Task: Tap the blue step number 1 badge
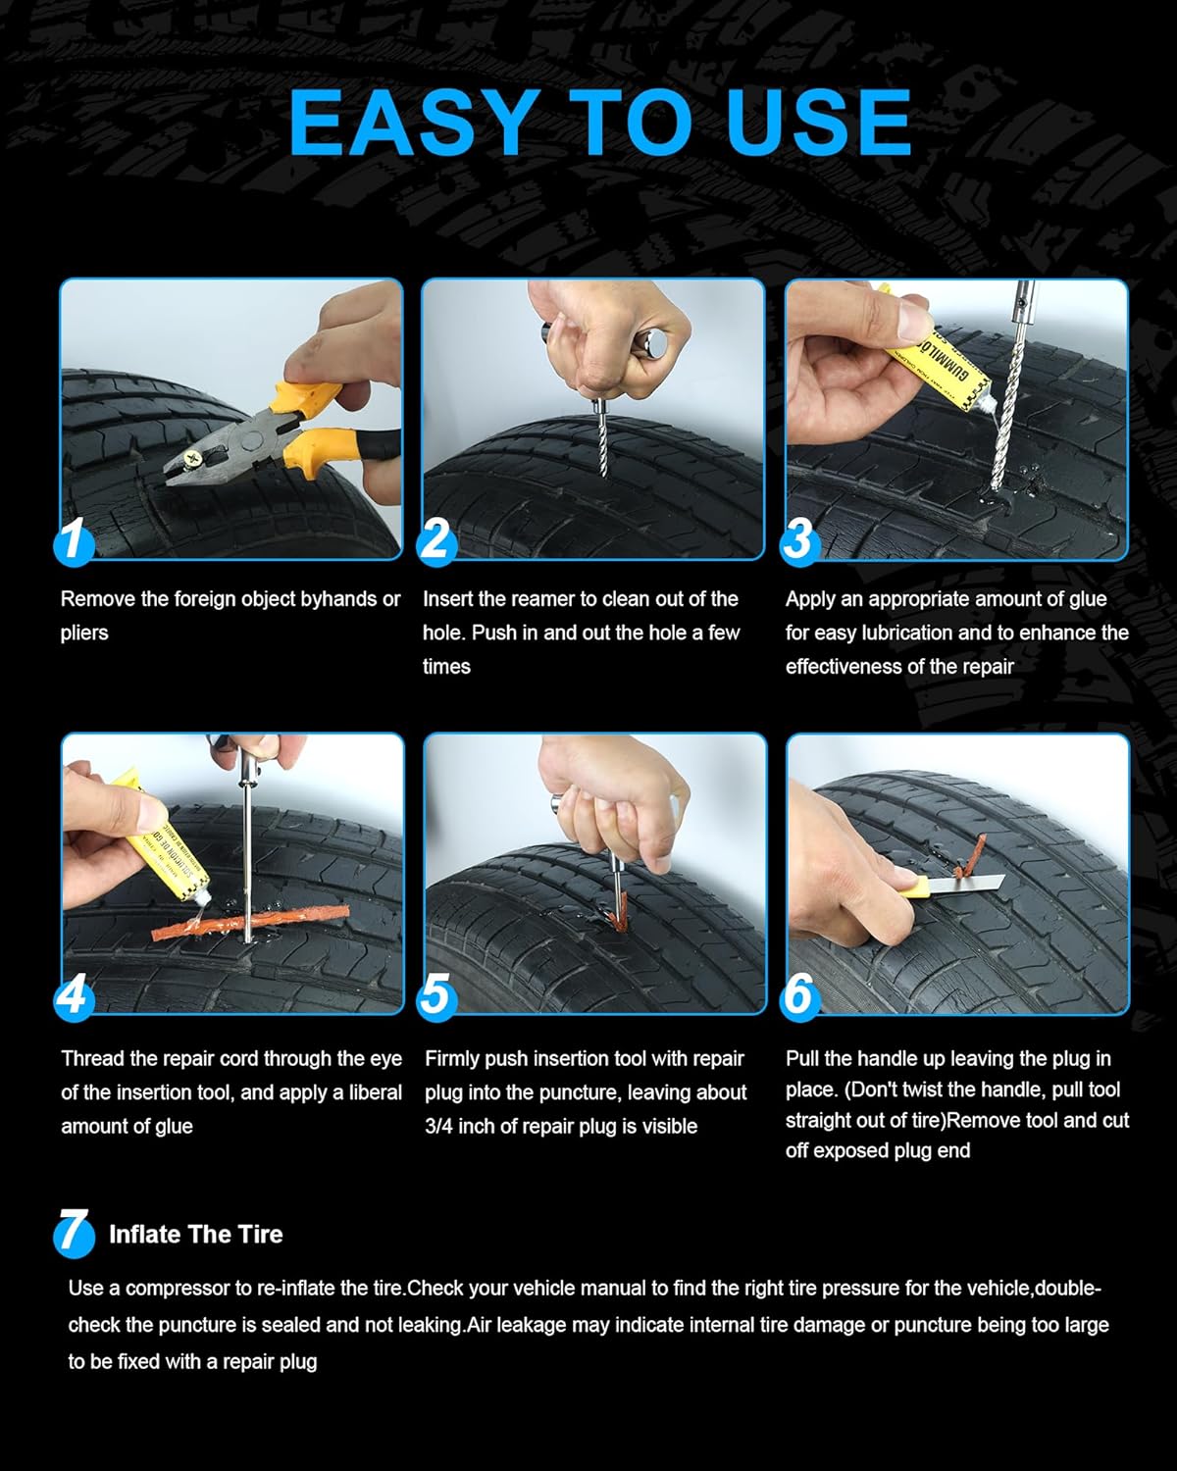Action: (x=74, y=542)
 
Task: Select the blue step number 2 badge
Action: (x=436, y=542)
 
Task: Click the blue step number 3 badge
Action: (x=799, y=540)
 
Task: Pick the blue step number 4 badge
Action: (x=74, y=996)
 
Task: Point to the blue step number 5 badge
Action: (x=436, y=996)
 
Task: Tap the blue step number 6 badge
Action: (x=799, y=995)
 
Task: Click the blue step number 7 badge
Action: (x=74, y=1233)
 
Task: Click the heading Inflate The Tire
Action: (x=195, y=1234)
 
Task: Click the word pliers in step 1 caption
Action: (x=84, y=633)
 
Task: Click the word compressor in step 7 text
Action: (x=178, y=1288)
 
